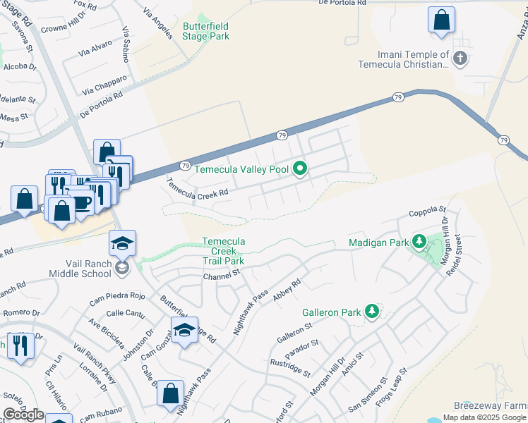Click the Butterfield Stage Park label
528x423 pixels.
pyautogui.click(x=206, y=31)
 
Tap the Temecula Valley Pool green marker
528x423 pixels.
pyautogui.click(x=300, y=168)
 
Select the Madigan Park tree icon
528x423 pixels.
pyautogui.click(x=419, y=243)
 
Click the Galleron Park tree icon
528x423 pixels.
pyautogui.click(x=371, y=311)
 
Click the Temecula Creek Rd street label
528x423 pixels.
pyautogui.click(x=198, y=188)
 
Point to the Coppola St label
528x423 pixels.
pyautogui.click(x=428, y=211)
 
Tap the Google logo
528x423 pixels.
pyautogui.click(x=23, y=415)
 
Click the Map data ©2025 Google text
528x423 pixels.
pyautogui.click(x=484, y=417)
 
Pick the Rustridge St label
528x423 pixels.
pyautogui.click(x=290, y=367)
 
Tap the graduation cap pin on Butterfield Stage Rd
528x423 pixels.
pyautogui.click(x=184, y=330)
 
